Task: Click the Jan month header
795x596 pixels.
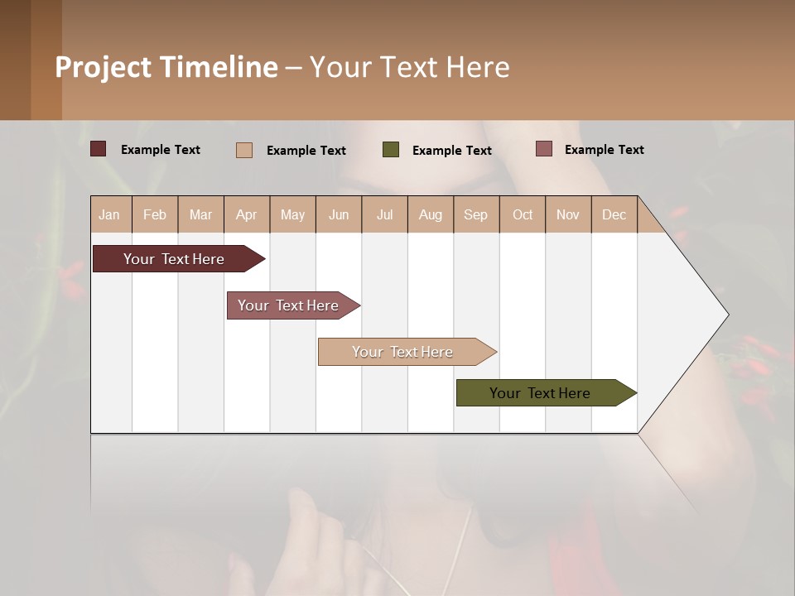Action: pos(109,214)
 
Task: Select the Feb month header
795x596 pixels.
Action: pos(155,214)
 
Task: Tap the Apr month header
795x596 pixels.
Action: pos(247,214)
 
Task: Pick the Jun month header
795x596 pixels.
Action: pos(339,214)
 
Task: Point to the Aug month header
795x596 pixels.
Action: pos(431,214)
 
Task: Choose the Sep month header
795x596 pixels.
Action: pos(476,214)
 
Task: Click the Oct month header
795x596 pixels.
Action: pos(523,214)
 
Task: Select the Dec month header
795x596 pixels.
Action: pos(614,214)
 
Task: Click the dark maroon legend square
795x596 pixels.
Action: pos(99,149)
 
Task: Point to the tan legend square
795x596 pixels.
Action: pos(244,150)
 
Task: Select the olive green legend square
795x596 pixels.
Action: pos(391,150)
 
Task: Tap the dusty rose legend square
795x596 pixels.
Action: pos(543,149)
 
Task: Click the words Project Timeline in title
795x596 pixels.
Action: pos(166,67)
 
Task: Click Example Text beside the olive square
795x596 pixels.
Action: pos(452,151)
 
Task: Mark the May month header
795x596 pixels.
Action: pos(292,214)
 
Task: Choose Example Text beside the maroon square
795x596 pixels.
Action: pos(161,150)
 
